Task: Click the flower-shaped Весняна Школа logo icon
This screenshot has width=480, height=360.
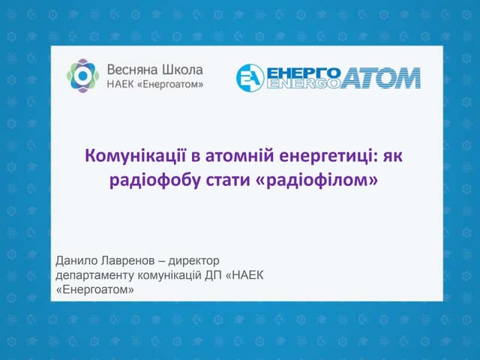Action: [82, 76]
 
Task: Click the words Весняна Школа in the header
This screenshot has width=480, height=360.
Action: [154, 68]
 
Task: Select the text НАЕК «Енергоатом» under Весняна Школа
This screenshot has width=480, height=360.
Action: [155, 84]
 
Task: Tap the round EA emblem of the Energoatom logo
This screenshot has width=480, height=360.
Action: [250, 78]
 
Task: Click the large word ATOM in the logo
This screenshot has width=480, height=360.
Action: [380, 78]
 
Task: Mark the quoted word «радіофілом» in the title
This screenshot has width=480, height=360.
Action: [317, 181]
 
